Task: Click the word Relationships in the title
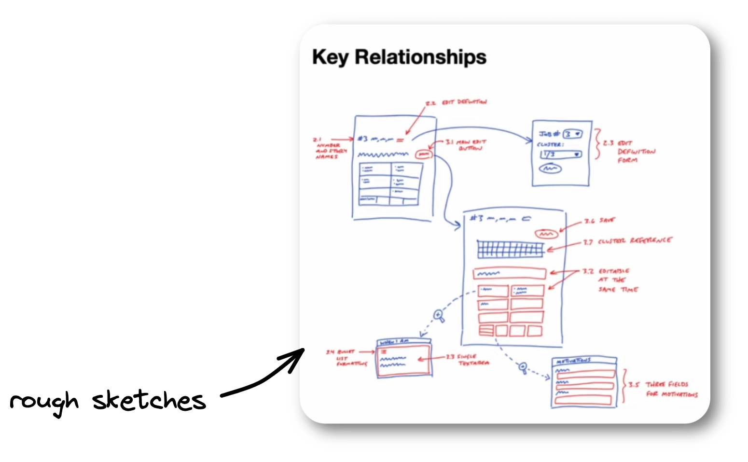(x=420, y=57)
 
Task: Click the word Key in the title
(x=330, y=57)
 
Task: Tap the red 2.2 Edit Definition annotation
(x=456, y=103)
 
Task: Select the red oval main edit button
(x=424, y=154)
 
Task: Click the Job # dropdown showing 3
(x=573, y=134)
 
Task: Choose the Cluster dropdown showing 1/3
(x=561, y=154)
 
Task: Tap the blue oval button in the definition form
(x=551, y=169)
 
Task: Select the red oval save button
(x=546, y=234)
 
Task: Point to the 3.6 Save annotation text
(x=599, y=221)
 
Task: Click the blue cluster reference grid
(x=510, y=250)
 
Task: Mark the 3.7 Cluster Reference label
(x=627, y=241)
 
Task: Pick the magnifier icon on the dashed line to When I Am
(x=439, y=316)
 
